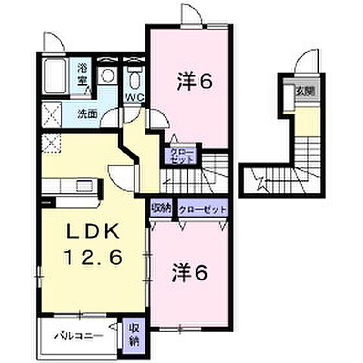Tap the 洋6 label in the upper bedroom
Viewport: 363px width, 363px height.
(x=194, y=79)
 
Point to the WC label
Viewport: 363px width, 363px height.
(x=135, y=97)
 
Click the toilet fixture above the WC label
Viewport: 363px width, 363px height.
(x=135, y=76)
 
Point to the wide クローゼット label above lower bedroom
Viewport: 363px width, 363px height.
(x=203, y=207)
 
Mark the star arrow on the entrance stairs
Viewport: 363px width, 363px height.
(x=262, y=180)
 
